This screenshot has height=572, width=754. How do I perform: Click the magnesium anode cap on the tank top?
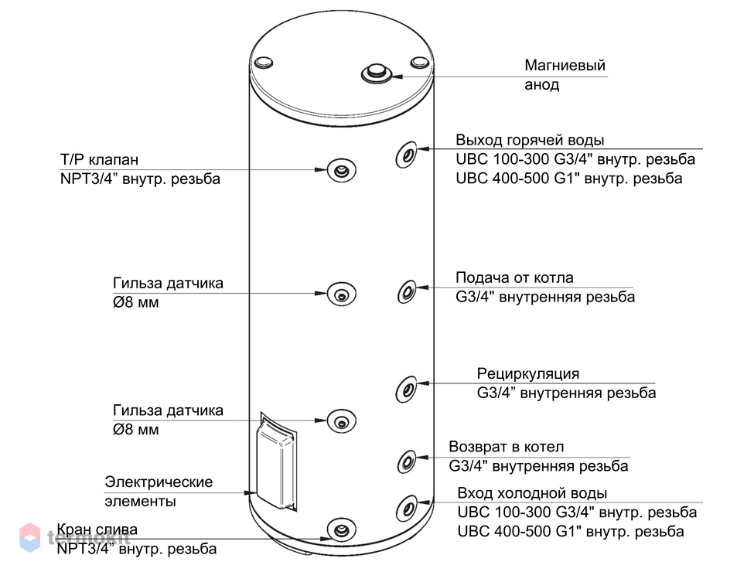point(377,73)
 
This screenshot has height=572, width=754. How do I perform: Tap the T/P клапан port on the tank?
point(341,170)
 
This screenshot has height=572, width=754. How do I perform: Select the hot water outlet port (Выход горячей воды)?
point(406,155)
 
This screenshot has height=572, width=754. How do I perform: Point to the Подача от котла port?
point(407,291)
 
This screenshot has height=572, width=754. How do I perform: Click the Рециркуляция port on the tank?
point(406,389)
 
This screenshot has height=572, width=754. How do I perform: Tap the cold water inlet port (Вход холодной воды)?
point(407,508)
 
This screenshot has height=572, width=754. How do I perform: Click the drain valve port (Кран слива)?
point(341,531)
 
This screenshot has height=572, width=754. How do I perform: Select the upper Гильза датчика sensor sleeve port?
point(341,294)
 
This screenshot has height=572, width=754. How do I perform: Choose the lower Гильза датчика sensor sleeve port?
point(341,421)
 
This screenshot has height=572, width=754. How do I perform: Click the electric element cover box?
point(276,461)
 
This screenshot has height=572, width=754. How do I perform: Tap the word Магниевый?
point(565,65)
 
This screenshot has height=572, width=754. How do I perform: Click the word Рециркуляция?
point(528,373)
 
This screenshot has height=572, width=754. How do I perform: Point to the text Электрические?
point(159,482)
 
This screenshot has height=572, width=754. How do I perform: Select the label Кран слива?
point(97,529)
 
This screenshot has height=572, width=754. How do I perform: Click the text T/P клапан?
point(99,159)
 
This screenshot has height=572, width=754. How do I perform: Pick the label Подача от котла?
point(514,277)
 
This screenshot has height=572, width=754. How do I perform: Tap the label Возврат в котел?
point(506,447)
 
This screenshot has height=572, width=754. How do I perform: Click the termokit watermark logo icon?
point(29,537)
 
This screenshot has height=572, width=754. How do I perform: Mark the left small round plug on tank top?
point(263,63)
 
